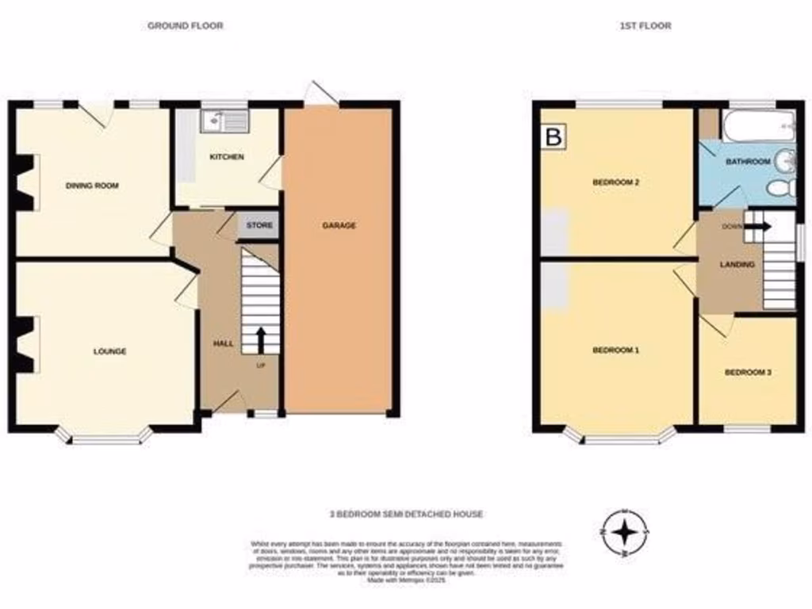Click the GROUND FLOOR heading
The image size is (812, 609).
click(x=185, y=25)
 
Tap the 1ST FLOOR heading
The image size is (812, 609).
click(x=645, y=25)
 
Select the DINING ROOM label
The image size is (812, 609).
click(x=92, y=186)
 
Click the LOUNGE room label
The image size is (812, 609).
click(x=109, y=350)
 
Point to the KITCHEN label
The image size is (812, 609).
click(x=227, y=157)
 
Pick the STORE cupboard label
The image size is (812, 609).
click(x=259, y=226)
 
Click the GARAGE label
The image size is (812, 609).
click(x=339, y=225)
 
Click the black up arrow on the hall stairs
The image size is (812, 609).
click(x=259, y=339)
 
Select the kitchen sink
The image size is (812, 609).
click(x=224, y=121)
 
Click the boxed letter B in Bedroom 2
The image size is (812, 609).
click(x=554, y=136)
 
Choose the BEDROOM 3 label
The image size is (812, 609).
click(x=748, y=372)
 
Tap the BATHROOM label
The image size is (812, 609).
click(x=748, y=162)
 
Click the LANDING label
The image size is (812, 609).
click(x=737, y=264)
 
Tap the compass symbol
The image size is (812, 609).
click(x=626, y=530)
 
